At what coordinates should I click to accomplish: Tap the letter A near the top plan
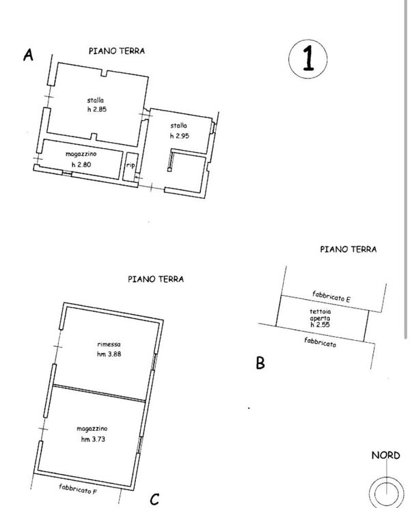pos(28,56)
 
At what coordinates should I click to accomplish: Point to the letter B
pos(260,363)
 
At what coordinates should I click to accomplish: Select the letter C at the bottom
pos(154,499)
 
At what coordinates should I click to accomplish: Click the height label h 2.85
pos(96,110)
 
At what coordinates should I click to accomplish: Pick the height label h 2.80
pos(82,165)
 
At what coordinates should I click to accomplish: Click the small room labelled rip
pos(130,165)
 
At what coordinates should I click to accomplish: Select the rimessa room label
pos(109,344)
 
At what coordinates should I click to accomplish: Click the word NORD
pos(385,455)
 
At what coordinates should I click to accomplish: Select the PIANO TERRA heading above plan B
pos(348,249)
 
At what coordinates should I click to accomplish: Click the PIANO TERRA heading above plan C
pos(155,279)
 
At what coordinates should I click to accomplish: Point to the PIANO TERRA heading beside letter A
pos(116,51)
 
